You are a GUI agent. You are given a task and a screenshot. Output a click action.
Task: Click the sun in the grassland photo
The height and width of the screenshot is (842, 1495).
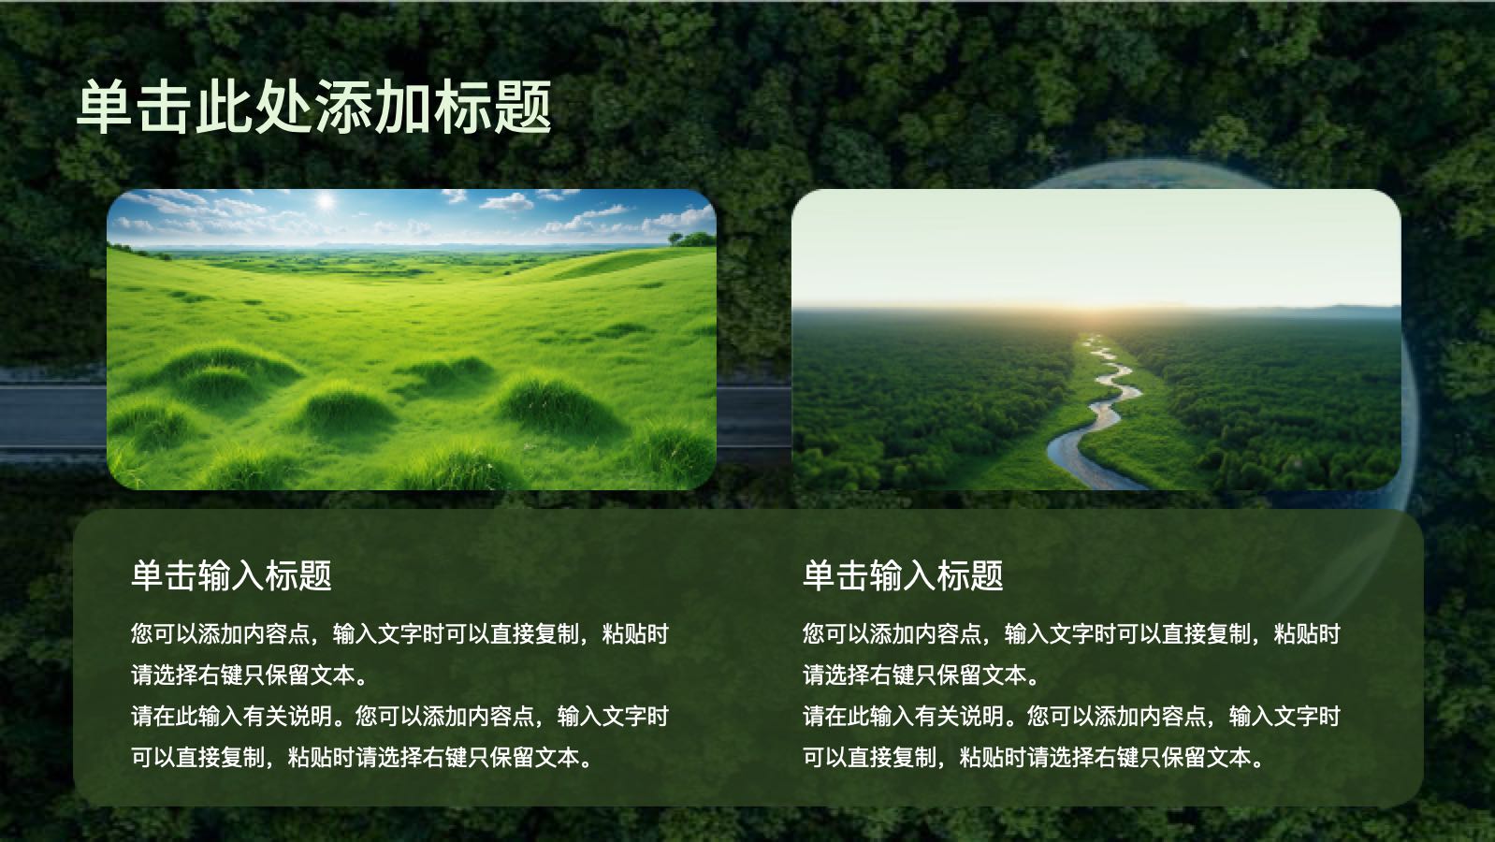tap(326, 200)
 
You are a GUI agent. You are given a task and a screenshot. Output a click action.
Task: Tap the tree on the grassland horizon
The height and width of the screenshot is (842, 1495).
tap(693, 240)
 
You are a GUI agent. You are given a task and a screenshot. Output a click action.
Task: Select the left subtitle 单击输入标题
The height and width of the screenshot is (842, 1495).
tap(231, 575)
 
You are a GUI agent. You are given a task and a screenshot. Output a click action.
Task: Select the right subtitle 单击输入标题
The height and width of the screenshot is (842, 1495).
tap(903, 575)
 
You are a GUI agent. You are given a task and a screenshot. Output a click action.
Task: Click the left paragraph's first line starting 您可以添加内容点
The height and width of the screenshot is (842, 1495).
tap(399, 634)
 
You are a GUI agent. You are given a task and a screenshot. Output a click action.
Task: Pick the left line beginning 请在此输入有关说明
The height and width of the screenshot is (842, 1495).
tap(399, 717)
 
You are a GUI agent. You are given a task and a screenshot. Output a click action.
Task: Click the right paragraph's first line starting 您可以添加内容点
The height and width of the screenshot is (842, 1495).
tap(1071, 634)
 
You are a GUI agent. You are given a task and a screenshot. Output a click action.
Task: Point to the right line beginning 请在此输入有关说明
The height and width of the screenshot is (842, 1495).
tap(1071, 717)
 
